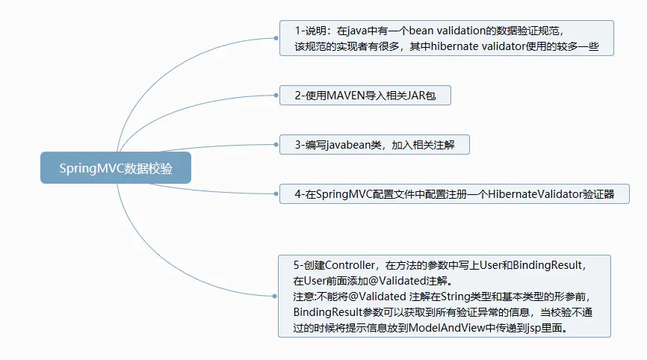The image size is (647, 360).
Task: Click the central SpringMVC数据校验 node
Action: coord(116,167)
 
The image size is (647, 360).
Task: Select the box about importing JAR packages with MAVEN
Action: coord(365,95)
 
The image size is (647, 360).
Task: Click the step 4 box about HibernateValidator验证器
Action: coord(453,194)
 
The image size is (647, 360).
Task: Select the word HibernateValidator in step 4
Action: coord(534,194)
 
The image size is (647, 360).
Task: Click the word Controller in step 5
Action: coord(352,265)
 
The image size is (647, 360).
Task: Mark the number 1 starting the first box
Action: coord(297,31)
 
